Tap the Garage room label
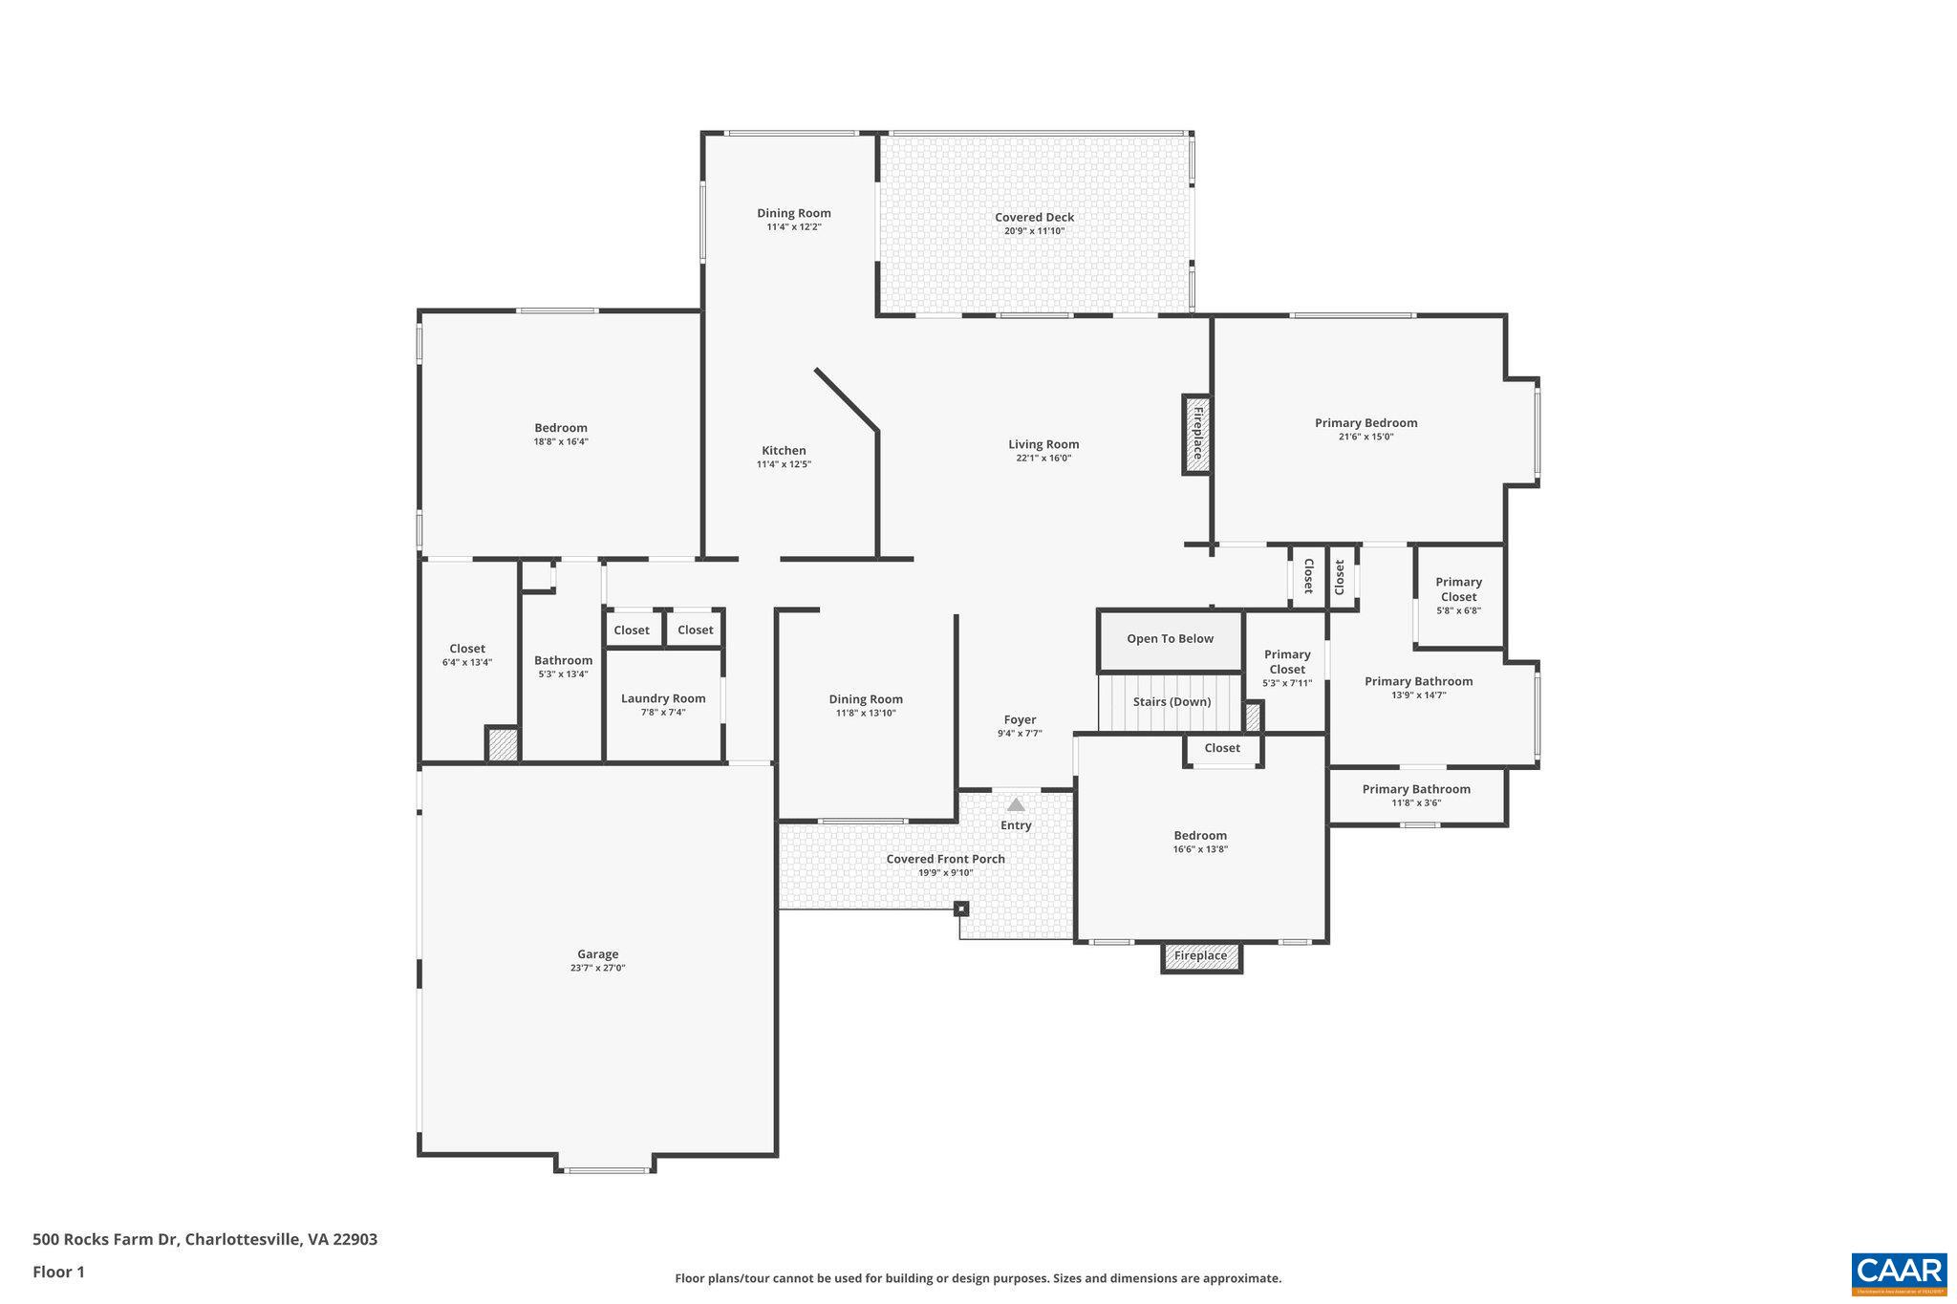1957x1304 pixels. [597, 953]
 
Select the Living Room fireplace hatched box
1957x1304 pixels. [1196, 434]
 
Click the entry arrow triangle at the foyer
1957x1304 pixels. [1016, 805]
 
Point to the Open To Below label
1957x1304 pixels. [1170, 639]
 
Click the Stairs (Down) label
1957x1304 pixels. [1172, 701]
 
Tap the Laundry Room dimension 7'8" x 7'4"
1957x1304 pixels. [662, 713]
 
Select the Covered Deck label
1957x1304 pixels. [1034, 217]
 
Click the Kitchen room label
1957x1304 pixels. [784, 450]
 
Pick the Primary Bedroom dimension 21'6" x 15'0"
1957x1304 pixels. [1366, 438]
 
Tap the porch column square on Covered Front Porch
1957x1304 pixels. [961, 909]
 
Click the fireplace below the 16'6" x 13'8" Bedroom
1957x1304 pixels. [1200, 956]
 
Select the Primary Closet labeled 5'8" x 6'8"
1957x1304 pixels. [1458, 595]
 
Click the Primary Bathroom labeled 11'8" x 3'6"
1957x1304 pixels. [1415, 795]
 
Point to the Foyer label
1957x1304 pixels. [1020, 719]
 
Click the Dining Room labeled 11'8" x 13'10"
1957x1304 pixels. [866, 705]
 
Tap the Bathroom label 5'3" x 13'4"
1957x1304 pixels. [563, 666]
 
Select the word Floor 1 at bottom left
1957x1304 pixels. [58, 1272]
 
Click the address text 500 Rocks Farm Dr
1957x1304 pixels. [105, 1239]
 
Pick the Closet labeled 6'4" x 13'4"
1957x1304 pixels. [467, 654]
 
